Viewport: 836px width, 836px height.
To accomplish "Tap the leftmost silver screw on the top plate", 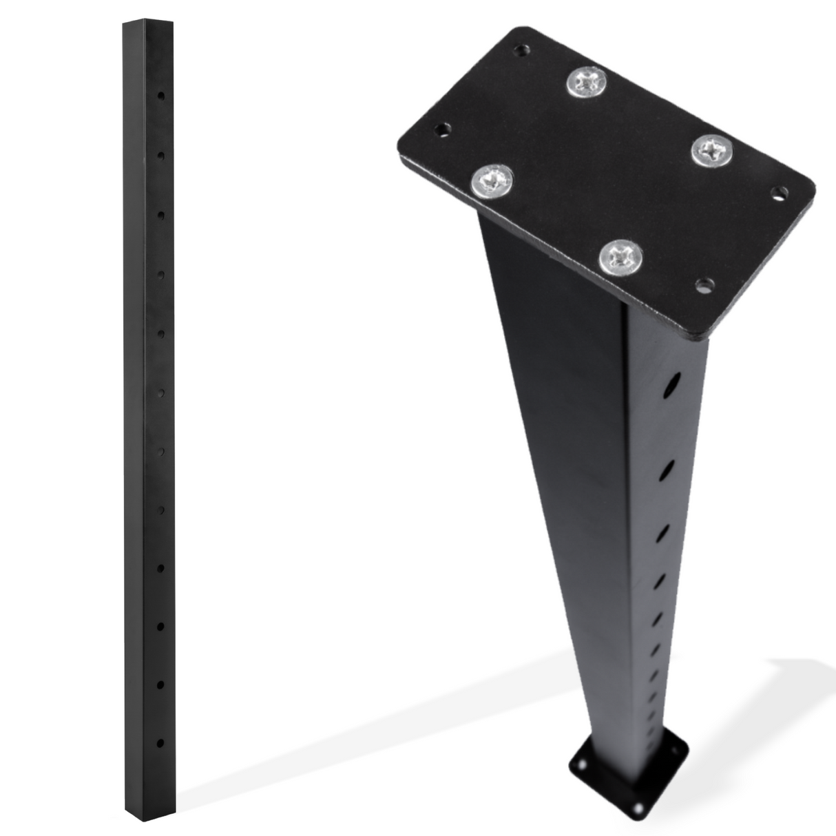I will (492, 181).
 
